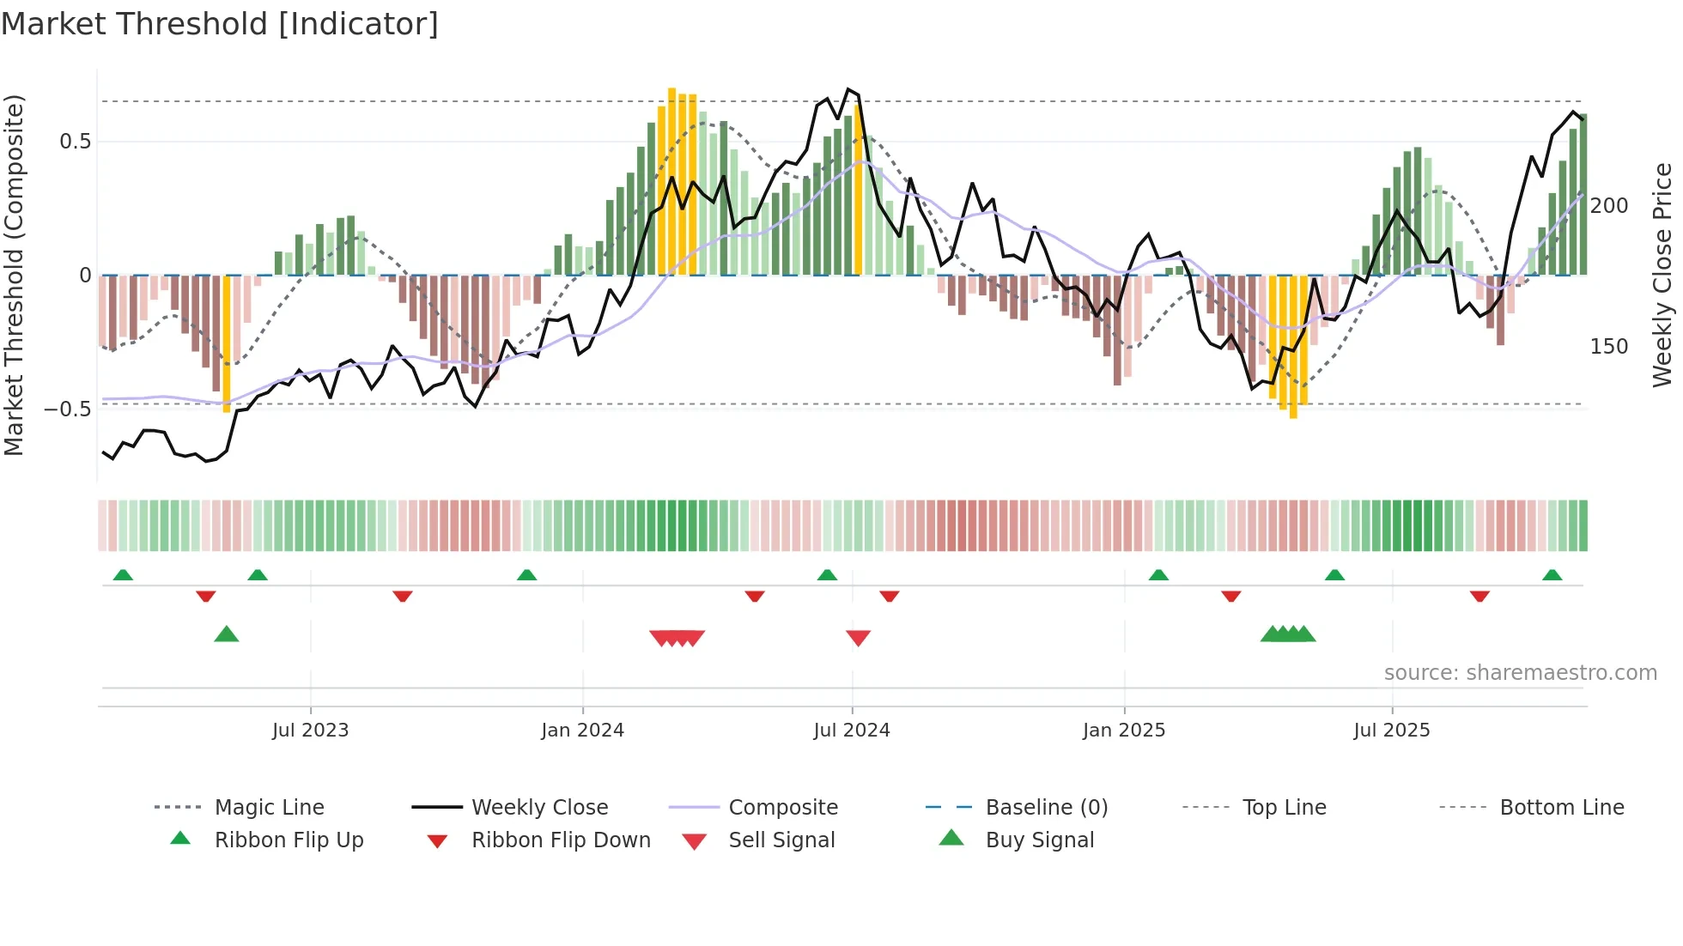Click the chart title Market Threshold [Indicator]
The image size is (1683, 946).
coord(220,24)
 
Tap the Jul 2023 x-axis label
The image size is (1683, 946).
coord(310,731)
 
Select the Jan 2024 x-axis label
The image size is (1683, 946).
coord(582,731)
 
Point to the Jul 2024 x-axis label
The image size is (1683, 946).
coord(851,731)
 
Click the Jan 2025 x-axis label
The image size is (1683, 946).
coord(1123,731)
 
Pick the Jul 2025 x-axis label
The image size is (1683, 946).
coord(1391,731)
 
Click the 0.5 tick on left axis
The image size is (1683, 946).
coord(75,142)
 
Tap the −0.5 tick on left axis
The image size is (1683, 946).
coord(68,409)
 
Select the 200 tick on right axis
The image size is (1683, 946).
coord(1608,206)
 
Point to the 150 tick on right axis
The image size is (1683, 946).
coord(1608,347)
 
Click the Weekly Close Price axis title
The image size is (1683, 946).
coord(1662,275)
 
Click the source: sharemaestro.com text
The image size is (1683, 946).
coord(1520,673)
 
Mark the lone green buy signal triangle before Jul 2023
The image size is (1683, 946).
coord(226,634)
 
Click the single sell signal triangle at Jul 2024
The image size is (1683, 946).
coord(858,638)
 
